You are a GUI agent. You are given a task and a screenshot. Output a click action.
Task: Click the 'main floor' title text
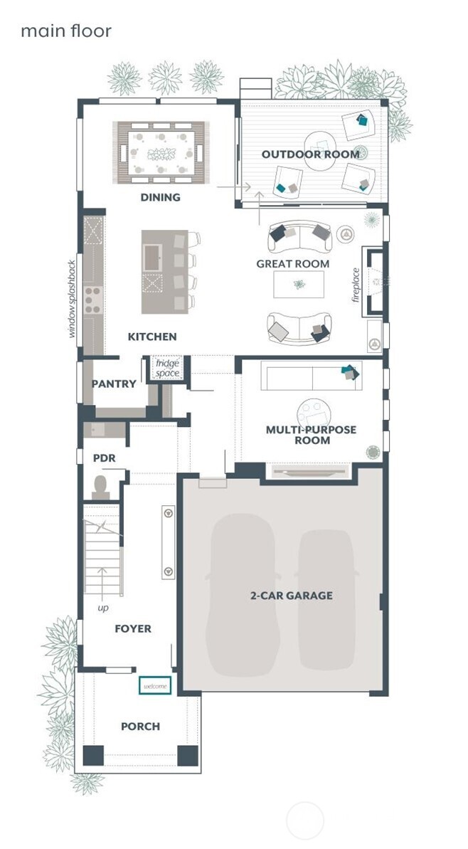point(65,31)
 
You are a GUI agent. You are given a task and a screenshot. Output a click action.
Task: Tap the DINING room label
point(160,197)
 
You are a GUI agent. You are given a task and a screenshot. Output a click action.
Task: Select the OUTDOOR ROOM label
point(310,154)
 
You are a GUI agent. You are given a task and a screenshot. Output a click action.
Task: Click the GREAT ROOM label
point(293,264)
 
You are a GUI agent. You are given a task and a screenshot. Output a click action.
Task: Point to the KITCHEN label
point(152,337)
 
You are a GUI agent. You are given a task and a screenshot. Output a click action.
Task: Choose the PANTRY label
point(114,384)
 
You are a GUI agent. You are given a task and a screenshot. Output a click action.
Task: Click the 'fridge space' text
point(169,367)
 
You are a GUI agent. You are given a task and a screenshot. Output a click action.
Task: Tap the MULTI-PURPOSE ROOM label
point(311,435)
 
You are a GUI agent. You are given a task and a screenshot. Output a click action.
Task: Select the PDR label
point(104,458)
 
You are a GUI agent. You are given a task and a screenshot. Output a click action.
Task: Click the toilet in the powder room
point(100,487)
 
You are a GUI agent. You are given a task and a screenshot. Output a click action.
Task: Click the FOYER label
point(133,628)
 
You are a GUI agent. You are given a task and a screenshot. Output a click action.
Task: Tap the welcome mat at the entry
point(155,685)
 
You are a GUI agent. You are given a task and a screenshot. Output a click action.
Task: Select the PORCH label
point(140,726)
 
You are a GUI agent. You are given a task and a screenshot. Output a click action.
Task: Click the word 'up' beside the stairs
point(104,609)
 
